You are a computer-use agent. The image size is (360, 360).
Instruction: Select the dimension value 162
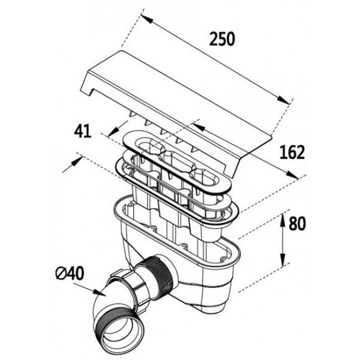click(291, 153)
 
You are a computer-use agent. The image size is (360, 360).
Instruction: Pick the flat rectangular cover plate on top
click(180, 99)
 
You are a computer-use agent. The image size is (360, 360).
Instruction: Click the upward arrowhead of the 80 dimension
click(283, 219)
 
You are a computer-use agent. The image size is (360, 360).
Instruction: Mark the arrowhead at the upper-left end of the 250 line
click(145, 18)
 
